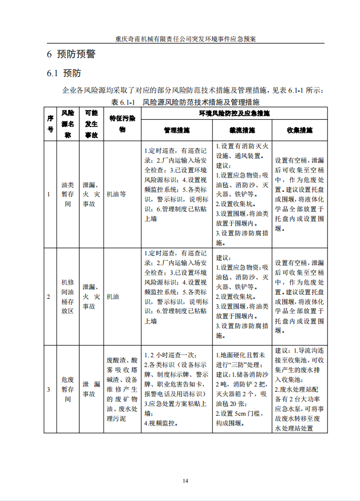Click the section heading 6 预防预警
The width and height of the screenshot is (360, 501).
click(x=71, y=54)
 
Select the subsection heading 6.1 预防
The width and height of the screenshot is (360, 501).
click(x=64, y=74)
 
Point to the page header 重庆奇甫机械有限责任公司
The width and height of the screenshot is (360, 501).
click(x=185, y=40)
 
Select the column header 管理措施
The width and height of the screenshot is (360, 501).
click(x=177, y=131)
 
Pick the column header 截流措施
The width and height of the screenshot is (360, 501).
click(x=242, y=131)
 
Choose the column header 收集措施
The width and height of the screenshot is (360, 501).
click(x=299, y=131)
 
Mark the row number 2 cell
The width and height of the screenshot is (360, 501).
click(x=49, y=297)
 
